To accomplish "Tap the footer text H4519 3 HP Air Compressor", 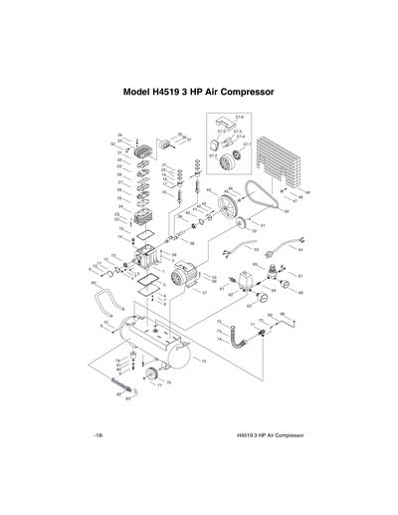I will pos(270,435).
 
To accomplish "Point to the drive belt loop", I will pos(261,200).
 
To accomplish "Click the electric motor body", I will pos(182,274).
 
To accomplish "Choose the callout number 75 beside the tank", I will pos(203,361).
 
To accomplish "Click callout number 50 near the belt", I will pos(287,211).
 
